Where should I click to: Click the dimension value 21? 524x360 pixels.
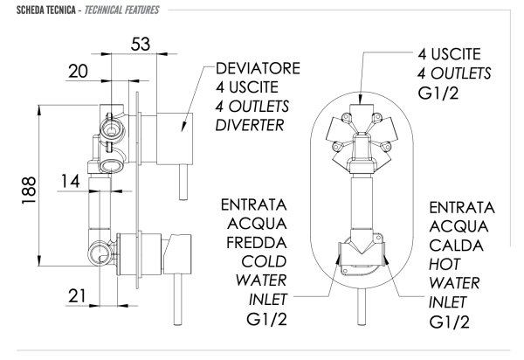78,296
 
